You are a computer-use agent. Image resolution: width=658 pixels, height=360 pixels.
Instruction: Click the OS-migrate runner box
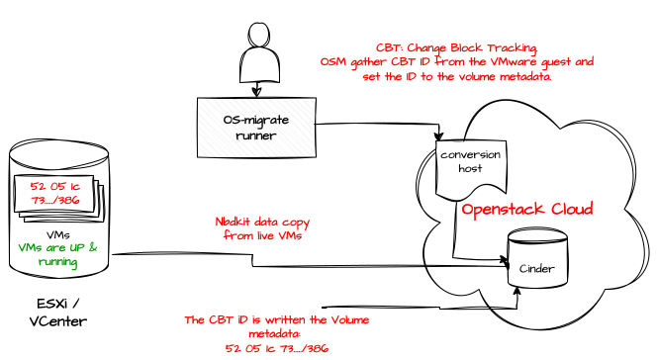tap(256, 128)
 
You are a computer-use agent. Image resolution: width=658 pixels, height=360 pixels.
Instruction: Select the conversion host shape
tap(471, 168)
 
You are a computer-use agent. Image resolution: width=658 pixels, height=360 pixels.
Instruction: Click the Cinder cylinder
tap(537, 258)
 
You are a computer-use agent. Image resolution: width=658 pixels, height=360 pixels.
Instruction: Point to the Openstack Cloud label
tap(527, 209)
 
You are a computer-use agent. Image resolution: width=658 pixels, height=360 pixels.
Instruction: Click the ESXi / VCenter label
tap(58, 313)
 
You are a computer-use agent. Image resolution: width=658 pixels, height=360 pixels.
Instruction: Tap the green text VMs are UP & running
tap(58, 254)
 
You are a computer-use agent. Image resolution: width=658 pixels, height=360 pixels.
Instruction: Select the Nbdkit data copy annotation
tap(262, 228)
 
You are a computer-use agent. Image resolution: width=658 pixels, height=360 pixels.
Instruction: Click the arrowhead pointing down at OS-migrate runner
tap(256, 92)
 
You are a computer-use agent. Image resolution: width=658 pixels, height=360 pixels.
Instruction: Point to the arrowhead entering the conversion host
tap(438, 135)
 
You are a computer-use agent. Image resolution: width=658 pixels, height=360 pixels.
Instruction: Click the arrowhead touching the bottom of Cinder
tap(517, 292)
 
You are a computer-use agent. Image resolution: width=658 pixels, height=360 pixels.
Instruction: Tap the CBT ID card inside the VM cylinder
tap(54, 193)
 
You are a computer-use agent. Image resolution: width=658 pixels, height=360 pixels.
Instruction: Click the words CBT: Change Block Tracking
tap(456, 47)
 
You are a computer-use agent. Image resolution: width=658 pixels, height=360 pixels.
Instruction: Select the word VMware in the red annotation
tap(514, 61)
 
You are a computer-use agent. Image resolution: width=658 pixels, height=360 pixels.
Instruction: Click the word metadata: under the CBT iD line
tap(275, 334)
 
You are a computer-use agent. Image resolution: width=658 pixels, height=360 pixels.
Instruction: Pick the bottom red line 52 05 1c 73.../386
tap(277, 348)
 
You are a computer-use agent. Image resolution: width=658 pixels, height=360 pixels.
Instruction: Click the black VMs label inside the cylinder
tap(58, 235)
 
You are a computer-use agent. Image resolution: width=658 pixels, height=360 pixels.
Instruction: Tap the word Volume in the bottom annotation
tap(350, 320)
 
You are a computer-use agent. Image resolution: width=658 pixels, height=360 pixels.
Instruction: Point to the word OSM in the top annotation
tap(333, 61)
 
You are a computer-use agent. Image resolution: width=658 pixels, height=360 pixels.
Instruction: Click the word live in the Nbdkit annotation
tap(269, 235)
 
